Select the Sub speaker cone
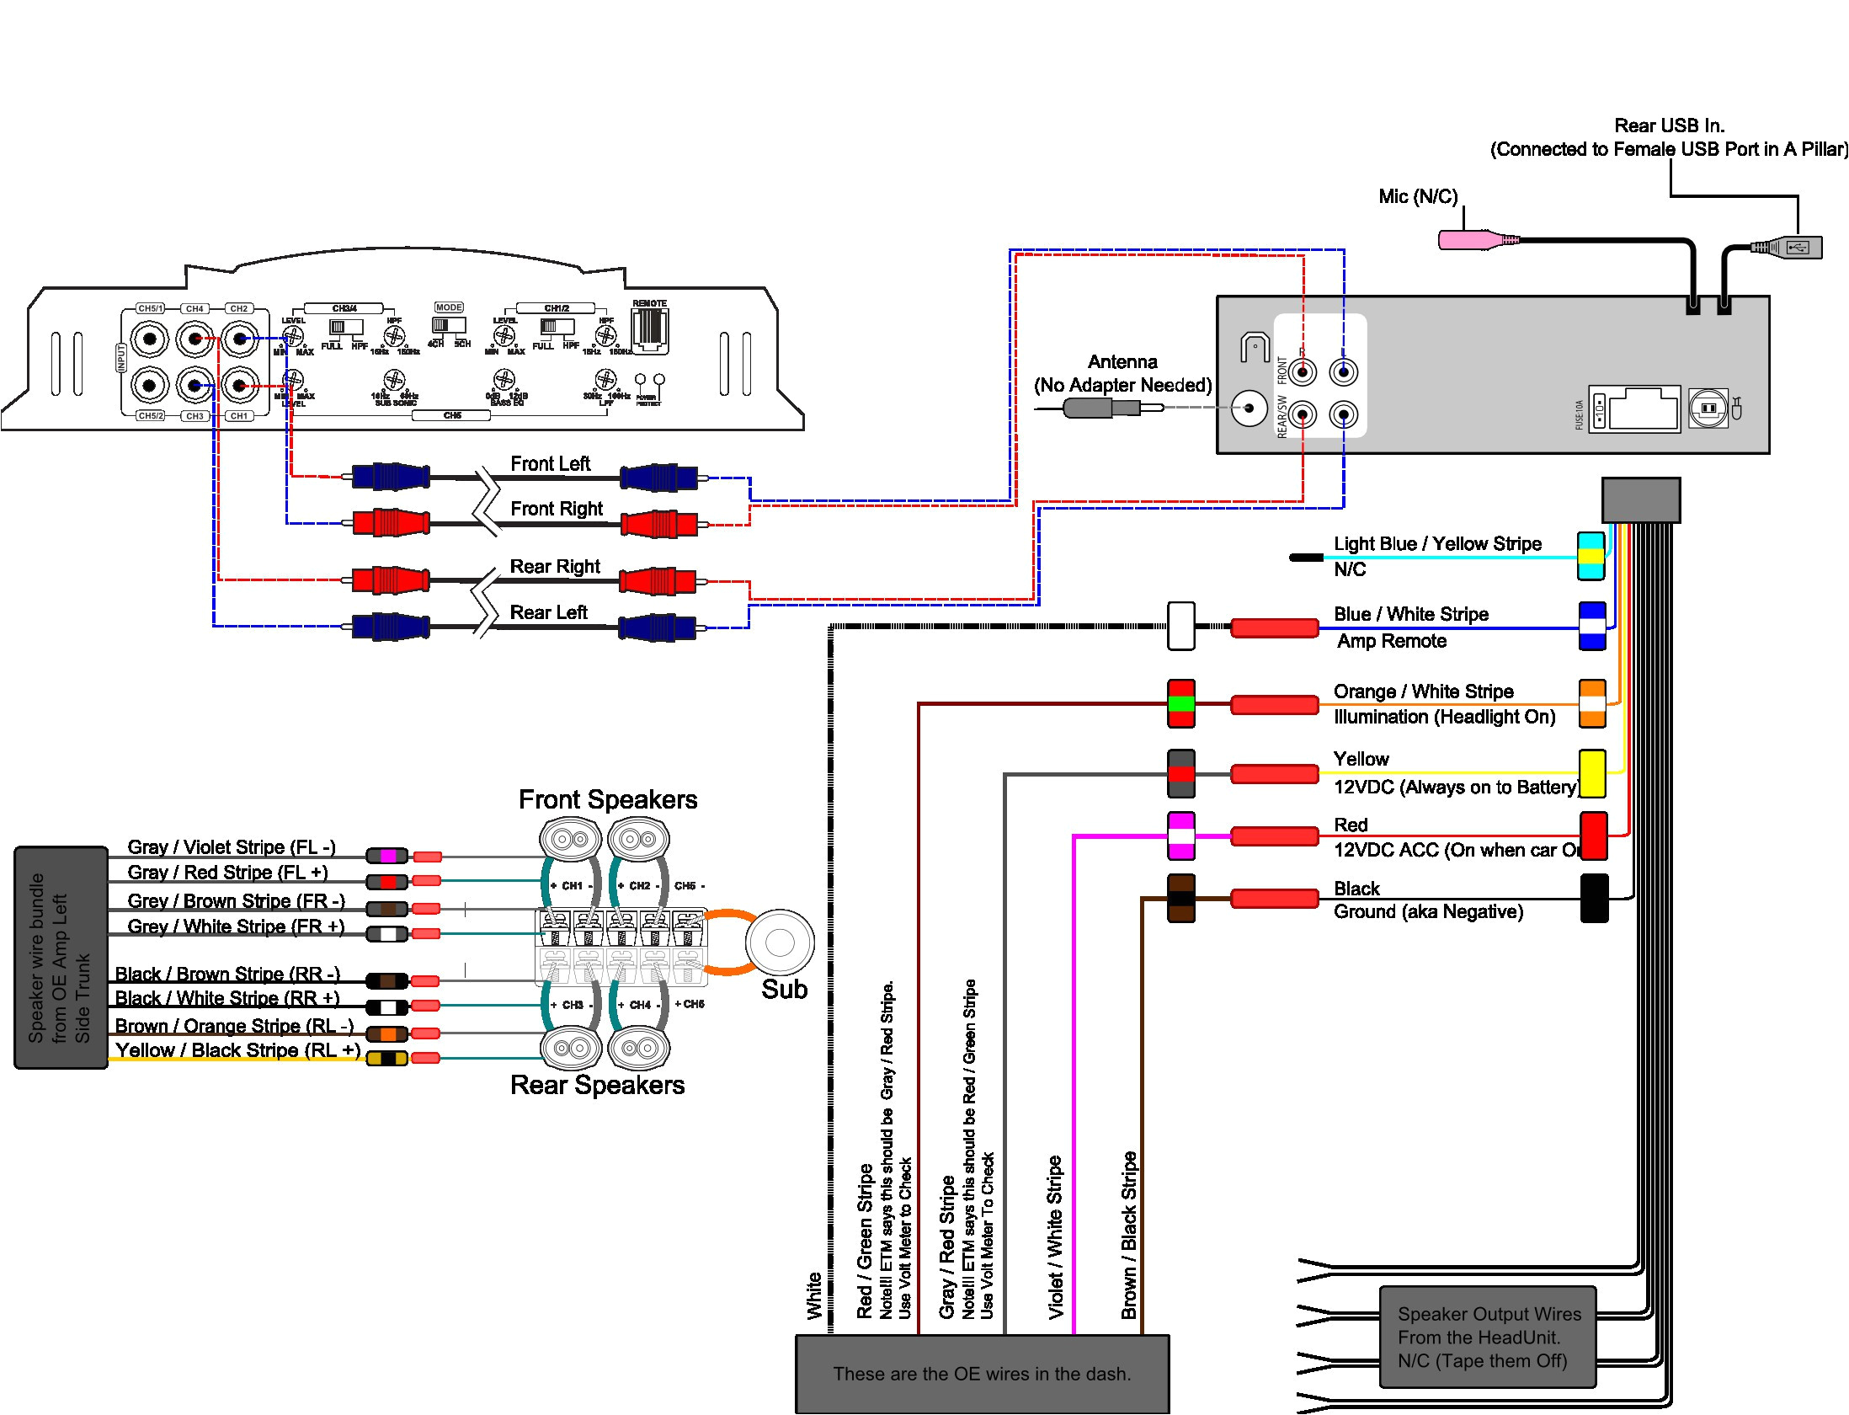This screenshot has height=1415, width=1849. coord(780,942)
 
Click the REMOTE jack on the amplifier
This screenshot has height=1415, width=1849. coord(649,328)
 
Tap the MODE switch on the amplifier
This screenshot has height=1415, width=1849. coord(448,325)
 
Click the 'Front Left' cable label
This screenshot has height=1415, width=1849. coord(550,464)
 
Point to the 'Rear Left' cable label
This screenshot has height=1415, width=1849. coord(548,612)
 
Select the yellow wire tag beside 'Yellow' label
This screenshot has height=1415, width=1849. coord(1591,773)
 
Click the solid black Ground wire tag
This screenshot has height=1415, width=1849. coord(1594,898)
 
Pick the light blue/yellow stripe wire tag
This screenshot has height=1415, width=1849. coord(1591,556)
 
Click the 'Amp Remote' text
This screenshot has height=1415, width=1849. coord(1391,641)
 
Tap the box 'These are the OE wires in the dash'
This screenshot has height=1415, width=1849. coord(982,1374)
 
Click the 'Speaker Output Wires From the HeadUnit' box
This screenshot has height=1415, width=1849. coord(1488,1337)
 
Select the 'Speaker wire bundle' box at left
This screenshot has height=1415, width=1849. coord(61,958)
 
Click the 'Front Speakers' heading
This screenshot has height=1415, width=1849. coord(607,799)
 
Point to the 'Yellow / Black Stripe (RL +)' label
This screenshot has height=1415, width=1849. coord(238,1050)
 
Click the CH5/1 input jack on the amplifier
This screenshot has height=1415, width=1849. coord(150,339)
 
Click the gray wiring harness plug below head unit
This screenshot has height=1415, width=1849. coord(1640,500)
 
